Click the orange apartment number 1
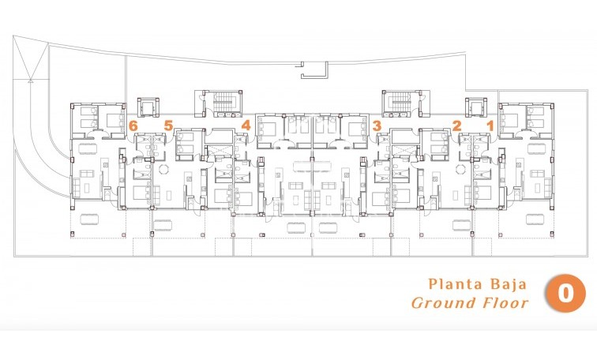[x=490, y=125]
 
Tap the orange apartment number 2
[x=456, y=125]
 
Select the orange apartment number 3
[x=377, y=125]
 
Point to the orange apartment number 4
[x=246, y=125]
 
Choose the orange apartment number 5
[x=168, y=125]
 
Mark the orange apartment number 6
[x=133, y=125]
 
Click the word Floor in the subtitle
[x=503, y=302]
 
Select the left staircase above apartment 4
[x=215, y=103]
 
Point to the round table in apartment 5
[x=164, y=170]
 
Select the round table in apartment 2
[x=459, y=170]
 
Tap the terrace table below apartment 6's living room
[x=88, y=216]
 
